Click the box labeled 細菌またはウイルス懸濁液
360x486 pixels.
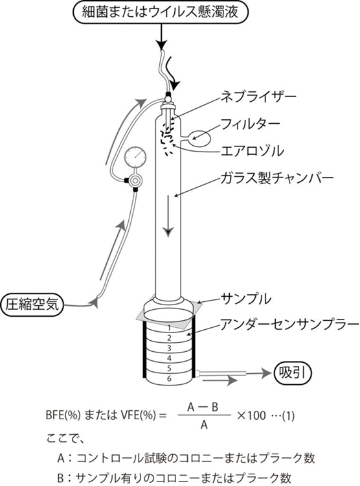pos(161,12)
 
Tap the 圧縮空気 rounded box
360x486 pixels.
pos(32,305)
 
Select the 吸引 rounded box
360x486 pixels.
pos(293,373)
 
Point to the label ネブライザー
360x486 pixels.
pos(258,97)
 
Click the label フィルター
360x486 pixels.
pos(250,124)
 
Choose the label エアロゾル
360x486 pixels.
pos(252,151)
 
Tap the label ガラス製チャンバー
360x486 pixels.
pos(276,178)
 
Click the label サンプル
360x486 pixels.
pos(245,299)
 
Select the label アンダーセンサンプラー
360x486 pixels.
pos(289,324)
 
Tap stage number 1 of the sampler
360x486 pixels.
pos(169,328)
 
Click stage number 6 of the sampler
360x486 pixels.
pos(169,378)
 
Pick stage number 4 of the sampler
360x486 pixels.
pos(169,358)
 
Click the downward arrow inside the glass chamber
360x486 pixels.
pos(168,216)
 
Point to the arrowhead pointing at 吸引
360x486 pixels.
pos(266,373)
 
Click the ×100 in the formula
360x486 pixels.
pos(251,415)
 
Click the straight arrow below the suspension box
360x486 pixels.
pos(161,37)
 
